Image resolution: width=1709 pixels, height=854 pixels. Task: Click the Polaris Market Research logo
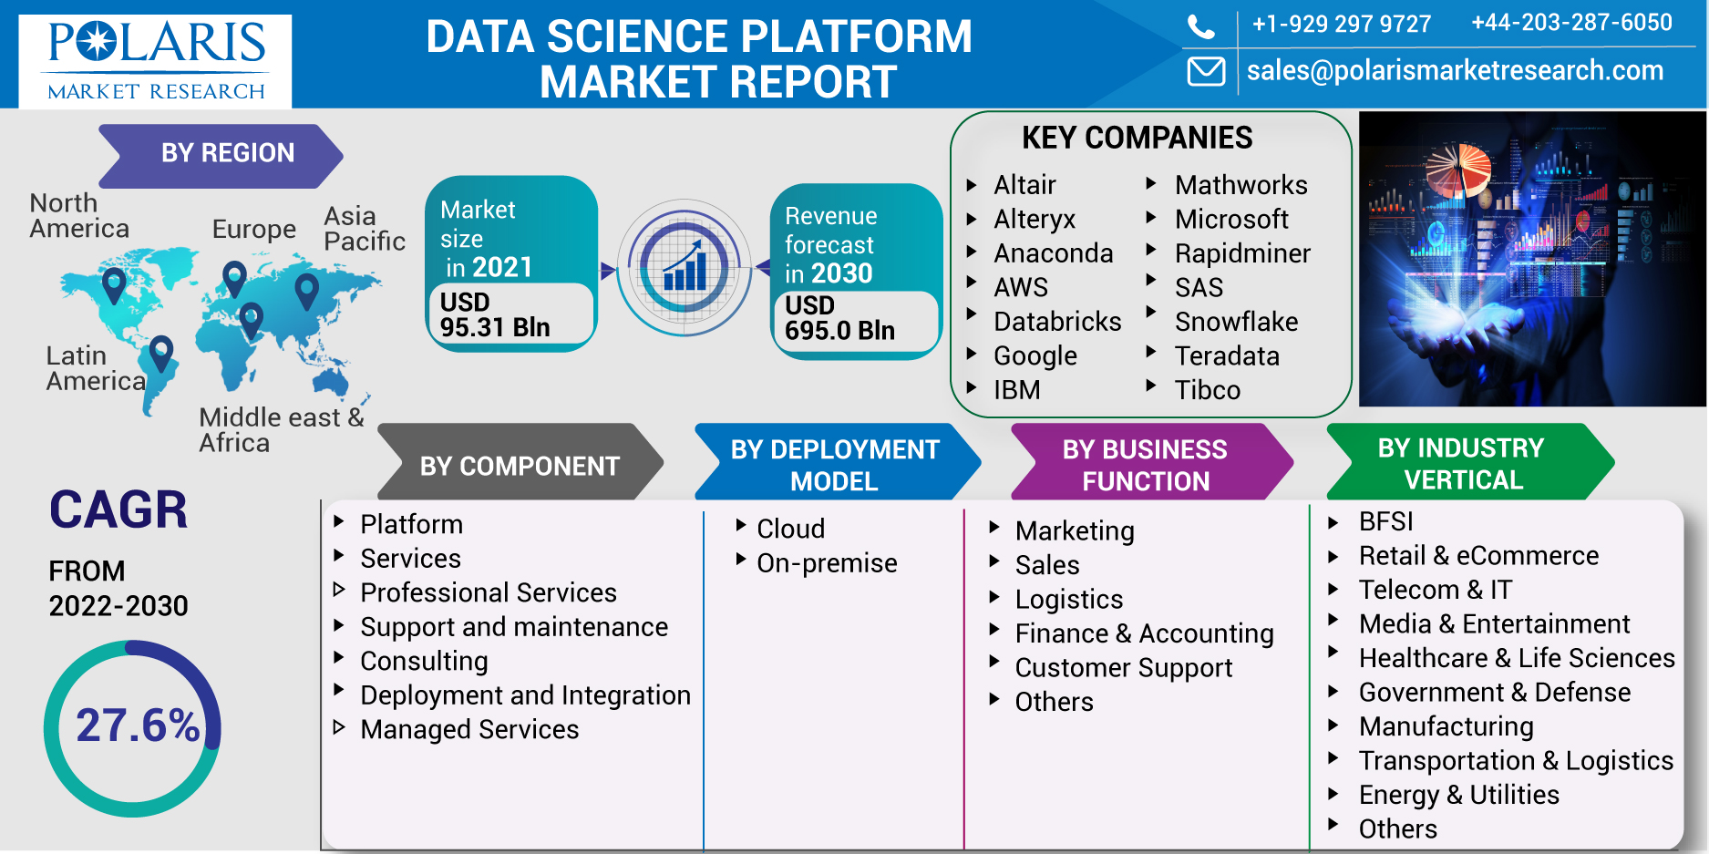(155, 61)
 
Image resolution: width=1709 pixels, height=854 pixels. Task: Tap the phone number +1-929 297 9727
(1342, 24)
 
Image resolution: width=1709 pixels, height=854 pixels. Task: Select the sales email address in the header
(1455, 70)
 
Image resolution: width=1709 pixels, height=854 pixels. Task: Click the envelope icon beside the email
(1206, 71)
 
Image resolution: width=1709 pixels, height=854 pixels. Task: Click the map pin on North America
(114, 285)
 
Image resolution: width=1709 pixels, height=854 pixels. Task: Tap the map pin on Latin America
(161, 354)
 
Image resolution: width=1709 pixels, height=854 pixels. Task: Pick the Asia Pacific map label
(364, 228)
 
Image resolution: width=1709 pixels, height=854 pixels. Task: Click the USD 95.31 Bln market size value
(495, 314)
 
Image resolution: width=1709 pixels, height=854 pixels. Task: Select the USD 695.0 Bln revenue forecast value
(839, 318)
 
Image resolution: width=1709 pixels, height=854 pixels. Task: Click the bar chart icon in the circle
(685, 266)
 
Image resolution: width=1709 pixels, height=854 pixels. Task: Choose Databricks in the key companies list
(1057, 322)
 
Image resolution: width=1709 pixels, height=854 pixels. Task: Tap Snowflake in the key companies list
(1236, 322)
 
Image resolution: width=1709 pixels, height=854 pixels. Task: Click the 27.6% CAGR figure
(138, 725)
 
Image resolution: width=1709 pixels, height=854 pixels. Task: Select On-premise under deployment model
(827, 563)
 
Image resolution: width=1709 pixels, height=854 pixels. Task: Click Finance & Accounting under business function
(1144, 633)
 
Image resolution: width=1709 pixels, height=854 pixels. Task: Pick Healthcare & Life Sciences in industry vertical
(1517, 658)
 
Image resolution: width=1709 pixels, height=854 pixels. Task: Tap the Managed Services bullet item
(469, 729)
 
